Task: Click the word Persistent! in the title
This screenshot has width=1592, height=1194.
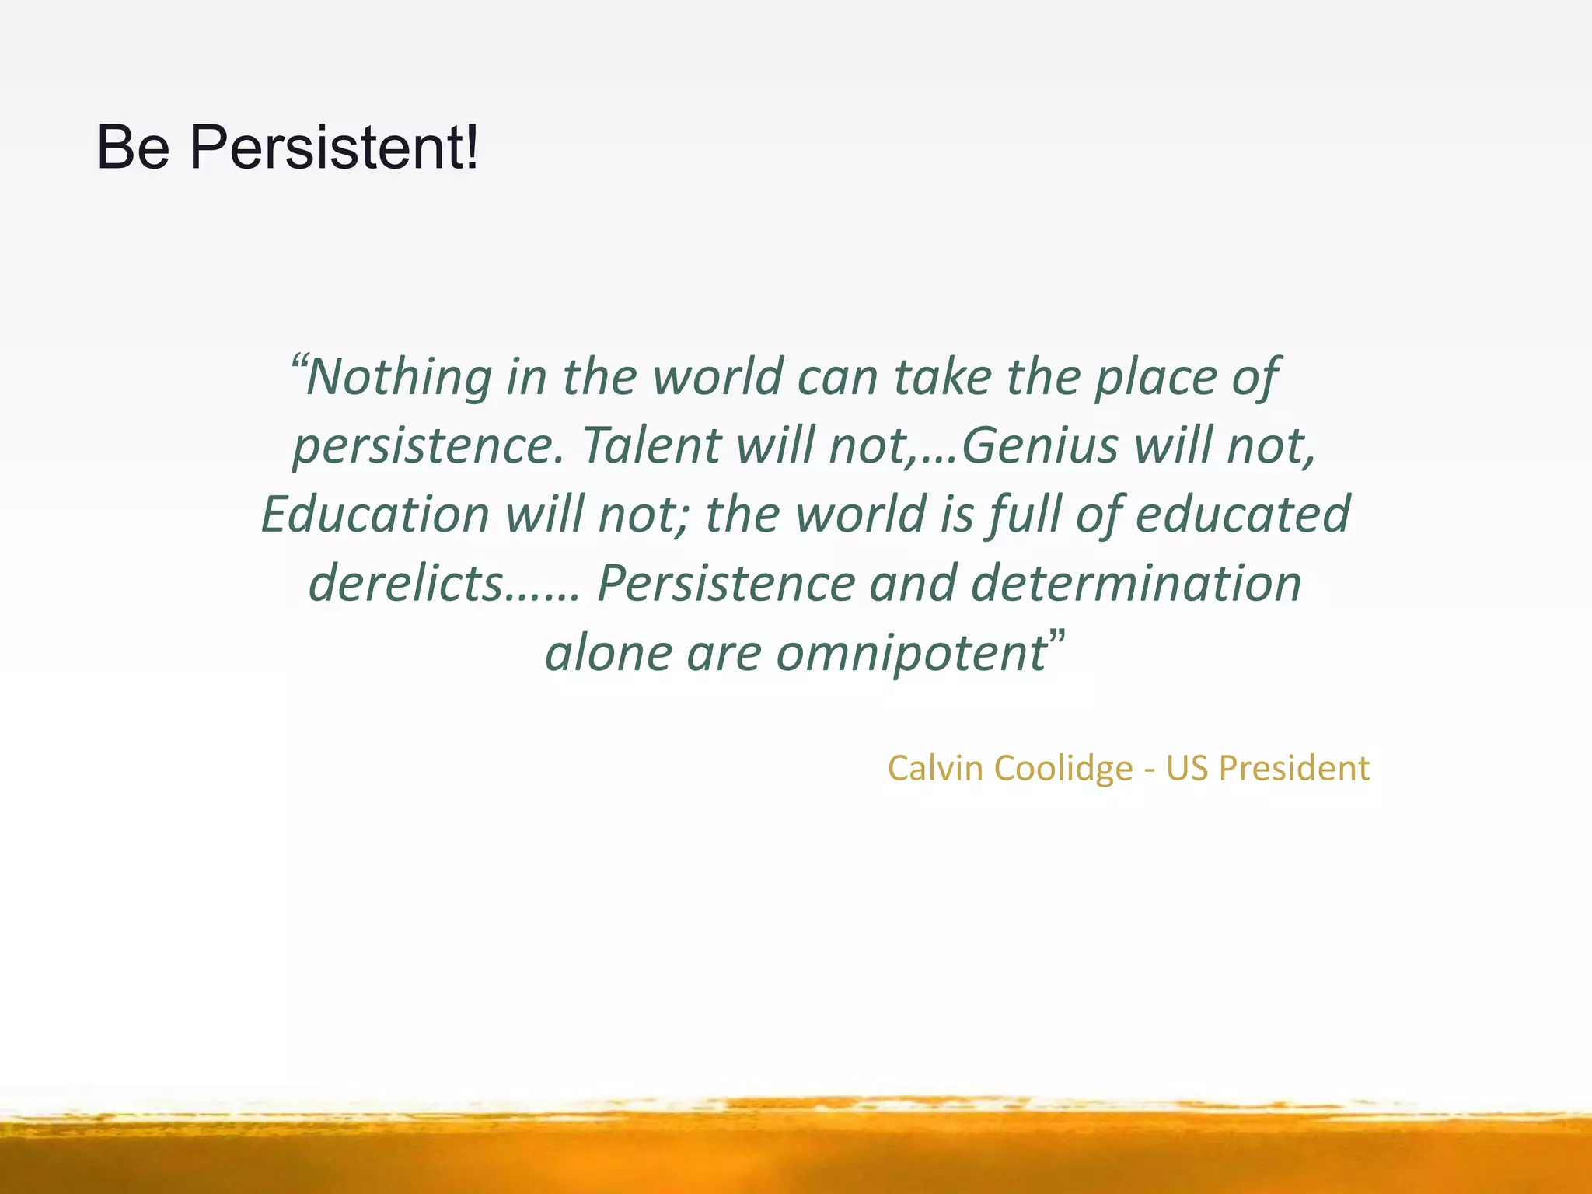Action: click(x=334, y=148)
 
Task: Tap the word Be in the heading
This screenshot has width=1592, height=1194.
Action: click(x=133, y=148)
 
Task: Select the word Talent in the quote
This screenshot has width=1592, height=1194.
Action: click(x=651, y=445)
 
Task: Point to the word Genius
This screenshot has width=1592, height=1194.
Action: click(x=1039, y=445)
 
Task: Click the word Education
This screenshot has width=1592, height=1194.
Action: click(x=375, y=515)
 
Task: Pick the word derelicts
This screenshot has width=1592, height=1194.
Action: click(x=405, y=583)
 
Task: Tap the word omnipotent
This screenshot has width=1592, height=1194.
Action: click(x=911, y=652)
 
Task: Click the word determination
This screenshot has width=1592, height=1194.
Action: click(x=1136, y=583)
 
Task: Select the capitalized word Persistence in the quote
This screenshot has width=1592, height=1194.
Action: click(x=725, y=583)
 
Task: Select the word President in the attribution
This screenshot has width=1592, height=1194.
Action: click(x=1293, y=768)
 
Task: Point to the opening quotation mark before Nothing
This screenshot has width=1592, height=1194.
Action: click(x=298, y=362)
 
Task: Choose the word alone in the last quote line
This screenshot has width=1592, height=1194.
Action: click(x=608, y=652)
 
